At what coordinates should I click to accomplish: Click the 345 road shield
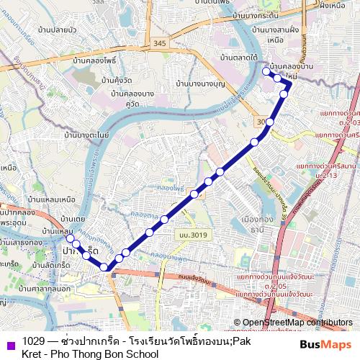(x=159, y=45)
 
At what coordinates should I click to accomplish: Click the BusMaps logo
(x=325, y=344)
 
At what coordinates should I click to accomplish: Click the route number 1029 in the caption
(x=33, y=341)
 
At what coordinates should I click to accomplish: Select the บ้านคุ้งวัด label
(x=119, y=80)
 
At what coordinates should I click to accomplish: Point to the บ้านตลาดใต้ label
(x=240, y=56)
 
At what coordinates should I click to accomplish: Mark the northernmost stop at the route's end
(x=266, y=71)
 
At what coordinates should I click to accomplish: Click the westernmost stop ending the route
(x=69, y=238)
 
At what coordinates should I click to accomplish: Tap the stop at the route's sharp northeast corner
(x=289, y=84)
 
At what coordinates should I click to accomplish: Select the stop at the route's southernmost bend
(x=104, y=268)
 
